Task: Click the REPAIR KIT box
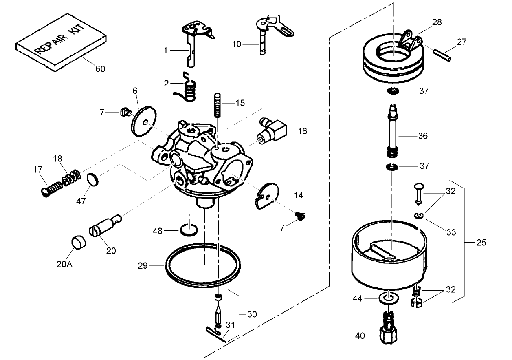(61, 43)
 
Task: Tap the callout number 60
(100, 69)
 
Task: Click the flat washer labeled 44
(389, 298)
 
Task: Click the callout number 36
(423, 135)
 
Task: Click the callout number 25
(481, 243)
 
